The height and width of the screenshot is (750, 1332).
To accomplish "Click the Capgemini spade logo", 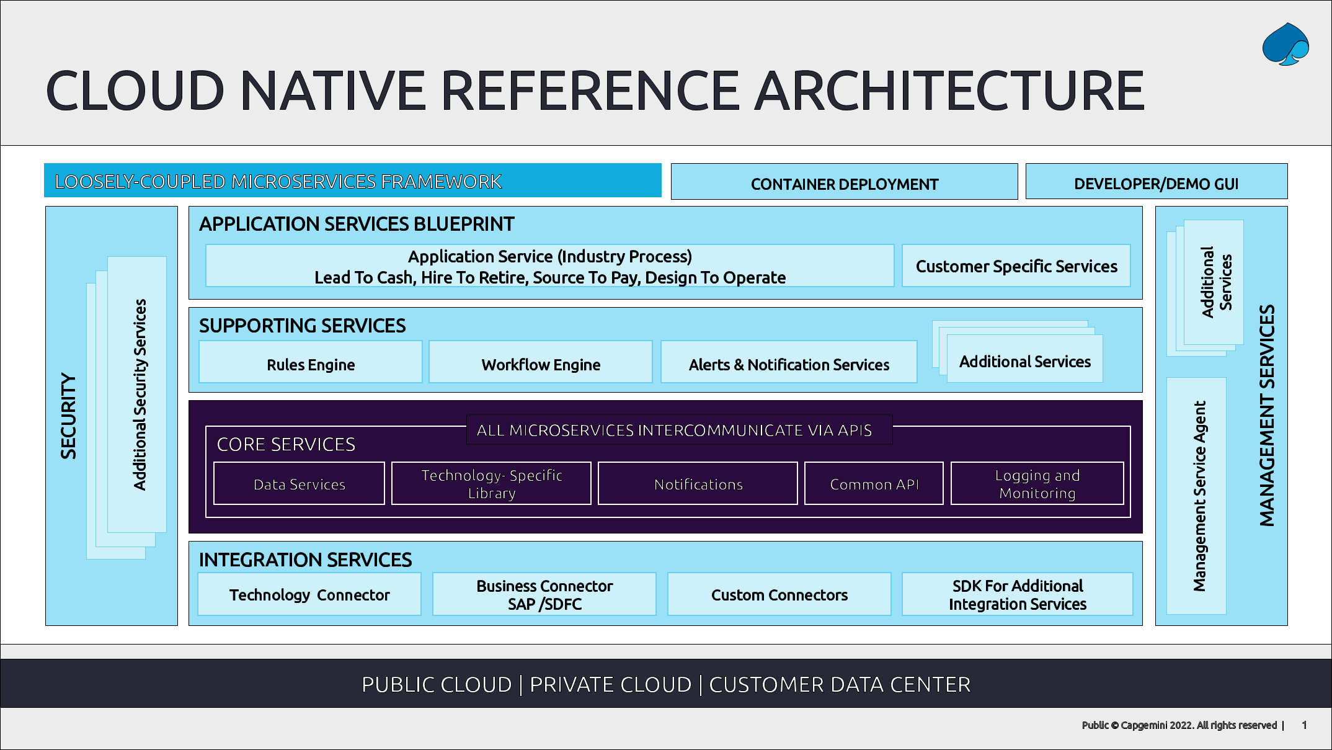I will coord(1285,45).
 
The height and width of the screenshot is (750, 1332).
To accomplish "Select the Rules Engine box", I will coord(311,362).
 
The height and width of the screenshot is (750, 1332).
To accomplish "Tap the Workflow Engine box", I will coord(540,362).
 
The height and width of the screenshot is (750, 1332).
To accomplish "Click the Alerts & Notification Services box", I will coord(788,362).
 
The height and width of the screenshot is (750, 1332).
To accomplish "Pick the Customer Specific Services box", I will coord(1016,266).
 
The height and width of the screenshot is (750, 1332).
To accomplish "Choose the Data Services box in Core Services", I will coord(299,484).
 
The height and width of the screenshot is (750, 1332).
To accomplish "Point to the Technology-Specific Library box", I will coord(491,484).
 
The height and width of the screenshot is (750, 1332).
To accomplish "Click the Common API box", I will coord(874,484).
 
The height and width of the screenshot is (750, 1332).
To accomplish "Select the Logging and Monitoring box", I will coord(1037,484).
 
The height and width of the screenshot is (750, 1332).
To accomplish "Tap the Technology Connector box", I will coord(309,594).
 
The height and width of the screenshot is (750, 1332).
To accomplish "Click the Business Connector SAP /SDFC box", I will coord(544,594).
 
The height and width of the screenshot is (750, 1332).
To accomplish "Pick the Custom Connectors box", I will coord(779,594).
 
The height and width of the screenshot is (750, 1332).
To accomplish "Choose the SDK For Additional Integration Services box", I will coord(1017,594).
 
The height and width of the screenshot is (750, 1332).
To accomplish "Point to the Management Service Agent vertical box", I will coord(1197,496).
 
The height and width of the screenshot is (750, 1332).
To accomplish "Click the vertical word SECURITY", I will coord(68,416).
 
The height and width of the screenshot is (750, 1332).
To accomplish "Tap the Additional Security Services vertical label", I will coord(140,395).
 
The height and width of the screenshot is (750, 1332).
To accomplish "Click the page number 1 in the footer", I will coord(1304,725).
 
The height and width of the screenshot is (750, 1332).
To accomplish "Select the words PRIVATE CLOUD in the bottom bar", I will coord(610,684).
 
